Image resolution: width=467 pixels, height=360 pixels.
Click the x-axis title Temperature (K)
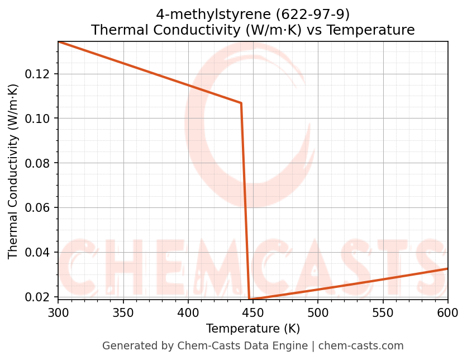252,328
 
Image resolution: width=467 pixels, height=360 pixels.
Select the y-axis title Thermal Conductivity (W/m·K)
13,170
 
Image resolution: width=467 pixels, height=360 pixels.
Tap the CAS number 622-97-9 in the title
316,14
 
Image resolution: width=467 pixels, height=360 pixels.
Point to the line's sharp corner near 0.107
241,103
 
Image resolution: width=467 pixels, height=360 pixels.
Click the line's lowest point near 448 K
250,299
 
